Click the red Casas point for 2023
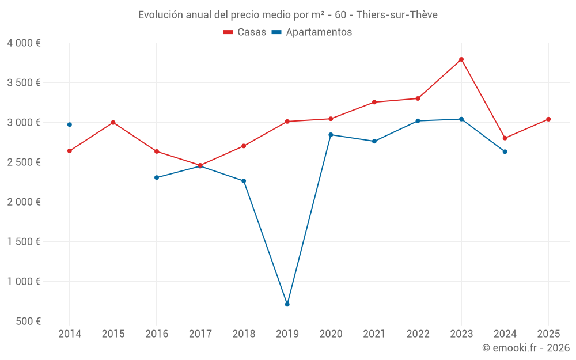tap(461, 59)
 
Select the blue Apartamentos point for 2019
tap(287, 304)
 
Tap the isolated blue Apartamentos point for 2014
tap(70, 124)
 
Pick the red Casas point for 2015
tap(113, 122)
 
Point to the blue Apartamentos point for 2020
tap(331, 135)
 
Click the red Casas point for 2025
tap(548, 119)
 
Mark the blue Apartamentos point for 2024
tap(505, 151)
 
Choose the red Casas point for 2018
tap(244, 146)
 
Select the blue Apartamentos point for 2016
tap(157, 177)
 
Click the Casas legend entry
tap(245, 32)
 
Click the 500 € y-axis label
tap(29, 321)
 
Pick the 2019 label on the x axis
tap(287, 334)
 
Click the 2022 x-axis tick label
tap(418, 334)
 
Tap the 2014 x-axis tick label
tap(70, 334)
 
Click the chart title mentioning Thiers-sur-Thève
tap(288, 15)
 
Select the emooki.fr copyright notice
tap(525, 348)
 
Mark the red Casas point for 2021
tap(374, 102)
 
